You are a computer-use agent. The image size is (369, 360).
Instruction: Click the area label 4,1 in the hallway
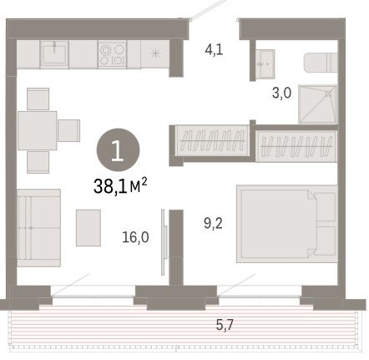[x=214, y=50]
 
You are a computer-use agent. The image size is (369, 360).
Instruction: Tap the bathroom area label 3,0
[x=281, y=93]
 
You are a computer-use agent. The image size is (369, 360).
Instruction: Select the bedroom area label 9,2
[x=213, y=223]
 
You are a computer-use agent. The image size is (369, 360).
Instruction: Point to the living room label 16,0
[x=135, y=237]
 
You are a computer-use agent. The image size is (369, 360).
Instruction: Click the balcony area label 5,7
[x=225, y=325]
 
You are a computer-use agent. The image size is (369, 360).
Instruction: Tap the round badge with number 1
[x=118, y=150]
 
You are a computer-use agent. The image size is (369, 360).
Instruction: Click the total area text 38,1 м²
[x=120, y=186]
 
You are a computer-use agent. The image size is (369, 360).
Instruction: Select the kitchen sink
[x=54, y=54]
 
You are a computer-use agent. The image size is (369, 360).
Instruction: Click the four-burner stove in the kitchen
[x=113, y=54]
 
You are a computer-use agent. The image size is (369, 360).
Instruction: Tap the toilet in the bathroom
[x=321, y=63]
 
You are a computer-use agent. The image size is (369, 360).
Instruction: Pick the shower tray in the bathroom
[x=318, y=104]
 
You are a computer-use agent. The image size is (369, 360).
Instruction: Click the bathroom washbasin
[x=265, y=63]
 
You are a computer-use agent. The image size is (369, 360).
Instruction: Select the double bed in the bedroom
[x=287, y=224]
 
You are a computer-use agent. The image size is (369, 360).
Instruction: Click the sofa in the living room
[x=39, y=228]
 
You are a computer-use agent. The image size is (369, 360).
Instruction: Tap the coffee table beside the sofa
[x=88, y=228]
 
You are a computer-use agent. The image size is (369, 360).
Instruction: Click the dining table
[x=38, y=130]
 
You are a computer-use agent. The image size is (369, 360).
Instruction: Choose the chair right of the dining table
[x=68, y=130]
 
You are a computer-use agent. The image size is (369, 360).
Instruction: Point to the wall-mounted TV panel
[x=164, y=242]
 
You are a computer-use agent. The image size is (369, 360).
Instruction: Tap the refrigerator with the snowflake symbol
[x=155, y=54]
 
